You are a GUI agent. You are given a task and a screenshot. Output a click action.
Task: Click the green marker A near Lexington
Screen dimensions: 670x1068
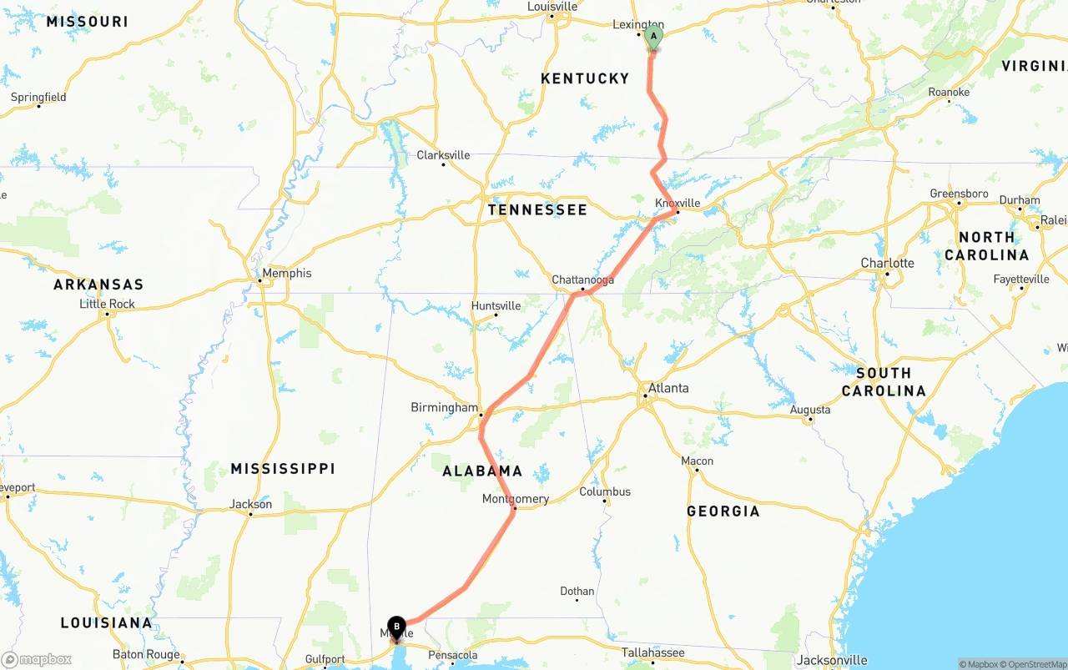click(x=653, y=36)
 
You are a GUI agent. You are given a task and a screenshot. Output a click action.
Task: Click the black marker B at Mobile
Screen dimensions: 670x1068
click(x=396, y=627)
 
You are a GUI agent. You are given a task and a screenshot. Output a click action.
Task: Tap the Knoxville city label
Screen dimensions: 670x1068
click(x=677, y=203)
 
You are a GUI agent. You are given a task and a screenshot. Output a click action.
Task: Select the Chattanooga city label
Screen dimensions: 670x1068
click(x=582, y=280)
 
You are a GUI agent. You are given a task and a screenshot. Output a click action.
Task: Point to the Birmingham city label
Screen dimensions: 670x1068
click(x=444, y=407)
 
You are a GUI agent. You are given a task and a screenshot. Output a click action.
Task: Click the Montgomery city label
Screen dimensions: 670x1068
click(x=516, y=499)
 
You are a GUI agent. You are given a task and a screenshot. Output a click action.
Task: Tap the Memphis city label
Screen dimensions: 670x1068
click(x=286, y=273)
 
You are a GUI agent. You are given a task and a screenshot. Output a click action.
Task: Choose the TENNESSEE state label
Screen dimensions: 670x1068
click(x=537, y=209)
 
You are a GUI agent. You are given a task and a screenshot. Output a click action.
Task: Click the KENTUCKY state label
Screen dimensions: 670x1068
click(x=585, y=78)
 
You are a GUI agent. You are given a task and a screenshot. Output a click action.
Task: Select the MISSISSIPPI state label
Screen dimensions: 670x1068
click(x=282, y=469)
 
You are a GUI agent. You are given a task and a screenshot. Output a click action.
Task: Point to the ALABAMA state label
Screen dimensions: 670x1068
click(x=482, y=471)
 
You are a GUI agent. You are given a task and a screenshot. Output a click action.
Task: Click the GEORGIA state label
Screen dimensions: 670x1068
click(x=723, y=511)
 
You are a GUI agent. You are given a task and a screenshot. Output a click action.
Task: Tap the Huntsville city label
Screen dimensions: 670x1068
click(x=496, y=305)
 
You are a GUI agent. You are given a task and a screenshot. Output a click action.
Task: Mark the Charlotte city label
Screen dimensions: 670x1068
click(x=887, y=263)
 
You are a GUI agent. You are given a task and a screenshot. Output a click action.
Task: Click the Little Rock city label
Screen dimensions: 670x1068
click(x=107, y=304)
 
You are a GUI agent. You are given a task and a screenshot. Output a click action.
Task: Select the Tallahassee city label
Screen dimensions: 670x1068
click(x=652, y=652)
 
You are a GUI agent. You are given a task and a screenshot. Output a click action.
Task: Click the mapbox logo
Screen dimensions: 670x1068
click(x=37, y=659)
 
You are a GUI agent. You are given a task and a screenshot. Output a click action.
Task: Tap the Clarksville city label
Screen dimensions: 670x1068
click(x=443, y=155)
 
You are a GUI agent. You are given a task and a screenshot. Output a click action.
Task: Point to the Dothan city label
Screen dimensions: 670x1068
click(x=577, y=591)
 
